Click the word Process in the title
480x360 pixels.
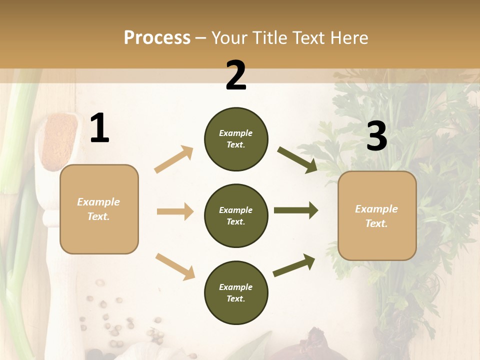pos(157,37)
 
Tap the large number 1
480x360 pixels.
pos(99,128)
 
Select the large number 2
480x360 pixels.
pos(236,75)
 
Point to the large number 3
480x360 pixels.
pos(376,136)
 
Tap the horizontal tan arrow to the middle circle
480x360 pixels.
pos(175,211)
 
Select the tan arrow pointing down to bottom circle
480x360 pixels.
pos(175,266)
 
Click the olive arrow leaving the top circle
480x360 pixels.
pos(297,160)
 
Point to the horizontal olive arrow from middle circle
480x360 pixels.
pos(295,210)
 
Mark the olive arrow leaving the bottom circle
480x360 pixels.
pos(294,265)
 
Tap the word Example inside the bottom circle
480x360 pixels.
pos(236,287)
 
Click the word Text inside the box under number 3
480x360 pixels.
pos(375,223)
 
